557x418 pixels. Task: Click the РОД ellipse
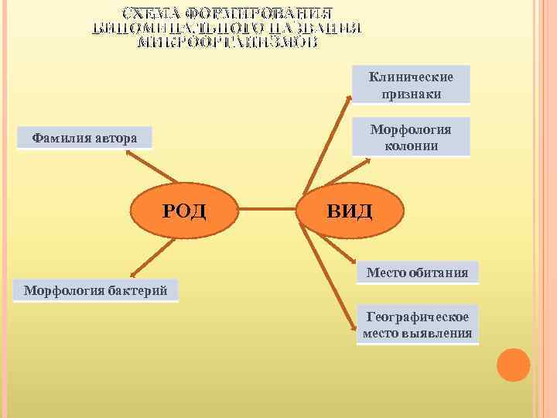click(x=184, y=209)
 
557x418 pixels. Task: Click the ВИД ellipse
click(x=349, y=210)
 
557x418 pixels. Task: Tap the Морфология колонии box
click(x=411, y=137)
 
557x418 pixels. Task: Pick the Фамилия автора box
click(x=84, y=138)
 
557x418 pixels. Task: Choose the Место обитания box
click(x=417, y=272)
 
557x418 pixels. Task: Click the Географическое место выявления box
click(x=418, y=324)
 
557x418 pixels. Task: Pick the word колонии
click(x=411, y=146)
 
